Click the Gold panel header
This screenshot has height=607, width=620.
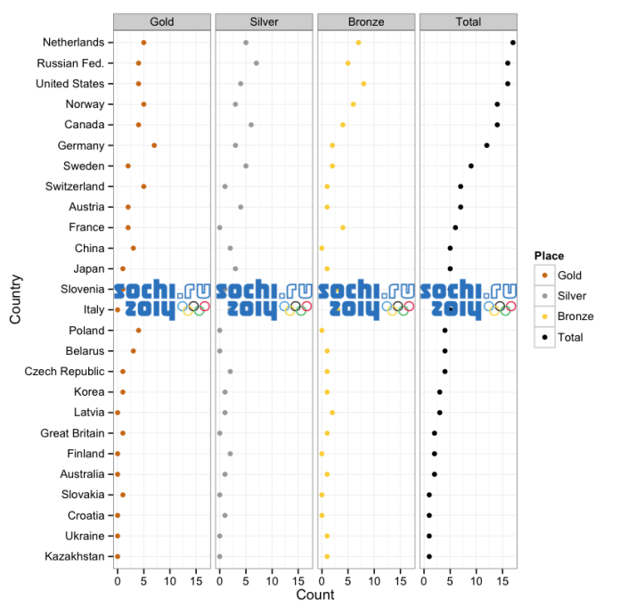tap(162, 21)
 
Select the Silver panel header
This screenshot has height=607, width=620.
tap(264, 21)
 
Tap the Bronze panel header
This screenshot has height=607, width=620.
tap(366, 21)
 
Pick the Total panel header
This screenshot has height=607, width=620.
tap(468, 21)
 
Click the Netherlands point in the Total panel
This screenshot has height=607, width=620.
tap(513, 43)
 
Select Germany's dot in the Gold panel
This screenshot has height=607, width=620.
tap(154, 145)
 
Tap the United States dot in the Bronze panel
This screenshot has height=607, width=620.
tap(363, 84)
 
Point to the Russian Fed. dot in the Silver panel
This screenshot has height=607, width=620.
tap(257, 63)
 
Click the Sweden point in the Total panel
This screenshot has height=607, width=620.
tap(471, 166)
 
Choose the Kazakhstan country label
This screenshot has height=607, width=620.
tap(74, 557)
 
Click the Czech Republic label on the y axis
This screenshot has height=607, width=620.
tap(64, 372)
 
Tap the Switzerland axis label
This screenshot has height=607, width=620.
tap(74, 186)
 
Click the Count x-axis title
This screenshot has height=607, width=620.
tap(314, 595)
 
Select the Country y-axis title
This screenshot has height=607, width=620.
tap(15, 300)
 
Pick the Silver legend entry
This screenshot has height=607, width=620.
tap(571, 296)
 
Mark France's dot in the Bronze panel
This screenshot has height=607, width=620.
tap(343, 227)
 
